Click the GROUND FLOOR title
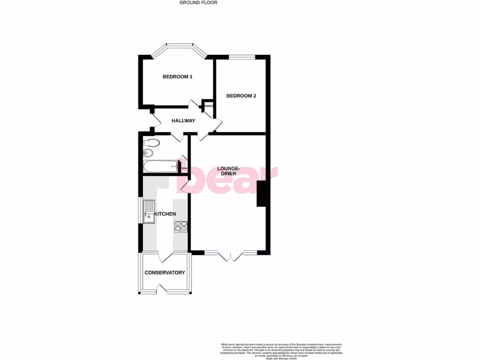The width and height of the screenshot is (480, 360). pyautogui.click(x=198, y=2)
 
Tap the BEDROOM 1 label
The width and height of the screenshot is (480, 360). pyautogui.click(x=177, y=77)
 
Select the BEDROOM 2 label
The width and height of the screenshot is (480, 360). pyautogui.click(x=241, y=96)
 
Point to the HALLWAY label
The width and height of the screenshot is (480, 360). pyautogui.click(x=183, y=121)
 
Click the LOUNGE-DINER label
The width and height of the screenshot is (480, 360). pyautogui.click(x=229, y=171)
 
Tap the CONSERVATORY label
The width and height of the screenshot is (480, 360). pyautogui.click(x=165, y=273)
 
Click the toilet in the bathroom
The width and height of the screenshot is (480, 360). pyautogui.click(x=151, y=142)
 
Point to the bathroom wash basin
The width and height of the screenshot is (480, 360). pyautogui.click(x=148, y=153)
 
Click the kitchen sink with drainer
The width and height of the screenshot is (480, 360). pyautogui.click(x=149, y=211)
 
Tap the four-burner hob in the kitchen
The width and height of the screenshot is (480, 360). pyautogui.click(x=181, y=227)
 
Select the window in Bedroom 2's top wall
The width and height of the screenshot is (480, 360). pyautogui.click(x=242, y=57)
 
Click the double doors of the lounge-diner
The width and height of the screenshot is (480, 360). pyautogui.click(x=231, y=255)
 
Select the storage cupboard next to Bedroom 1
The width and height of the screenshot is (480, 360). pyautogui.click(x=208, y=106)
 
